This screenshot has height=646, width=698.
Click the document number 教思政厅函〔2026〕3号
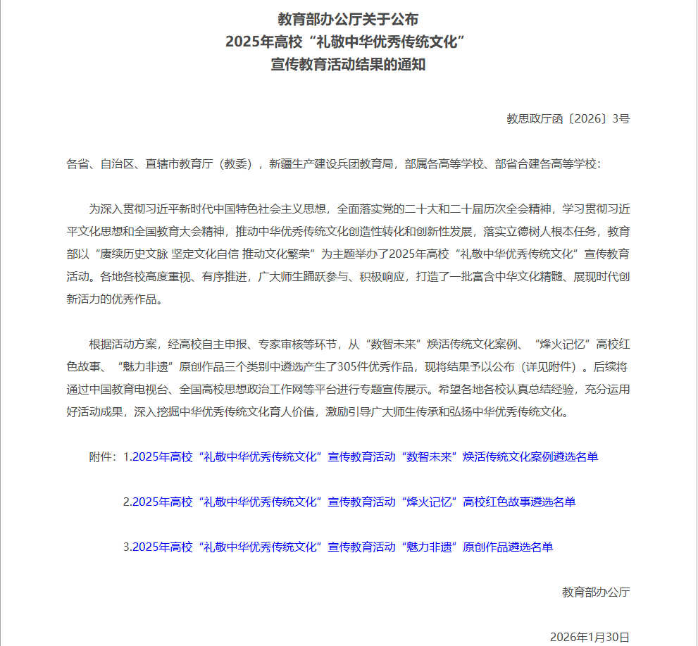pyautogui.click(x=568, y=119)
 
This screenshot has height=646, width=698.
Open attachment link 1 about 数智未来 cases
pyautogui.click(x=361, y=456)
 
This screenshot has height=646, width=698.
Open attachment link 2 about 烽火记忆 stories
pyautogui.click(x=349, y=502)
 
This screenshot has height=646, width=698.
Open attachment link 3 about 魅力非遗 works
pyautogui.click(x=338, y=547)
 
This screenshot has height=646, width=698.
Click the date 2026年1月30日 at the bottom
pyautogui.click(x=590, y=637)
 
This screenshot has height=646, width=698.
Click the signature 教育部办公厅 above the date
pyautogui.click(x=596, y=592)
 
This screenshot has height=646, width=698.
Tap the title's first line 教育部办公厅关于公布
pyautogui.click(x=348, y=19)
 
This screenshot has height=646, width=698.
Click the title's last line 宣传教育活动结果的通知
pyautogui.click(x=348, y=65)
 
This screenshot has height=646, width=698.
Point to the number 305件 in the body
pyautogui.click(x=404, y=367)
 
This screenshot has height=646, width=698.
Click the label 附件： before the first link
pyautogui.click(x=104, y=456)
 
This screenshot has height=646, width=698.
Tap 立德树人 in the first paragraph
pyautogui.click(x=517, y=232)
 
